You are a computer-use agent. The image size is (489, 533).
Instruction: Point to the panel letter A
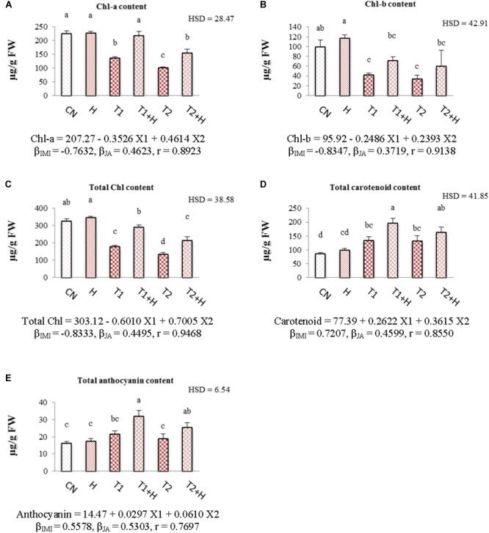tap(7, 6)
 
